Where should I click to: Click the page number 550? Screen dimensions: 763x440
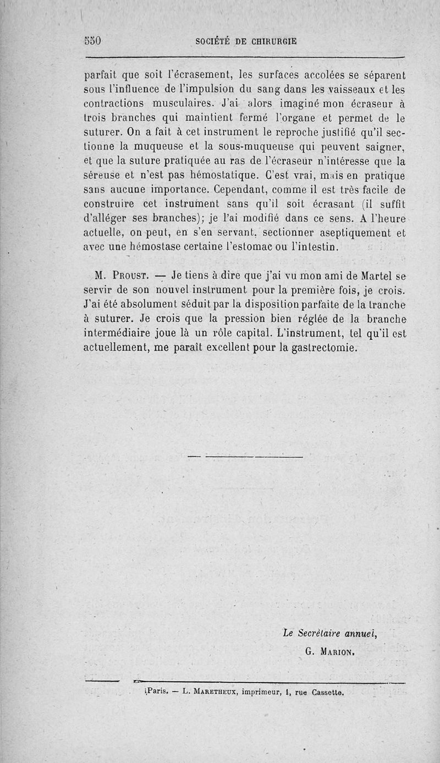[94, 41]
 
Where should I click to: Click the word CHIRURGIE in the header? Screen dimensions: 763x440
[270, 41]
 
